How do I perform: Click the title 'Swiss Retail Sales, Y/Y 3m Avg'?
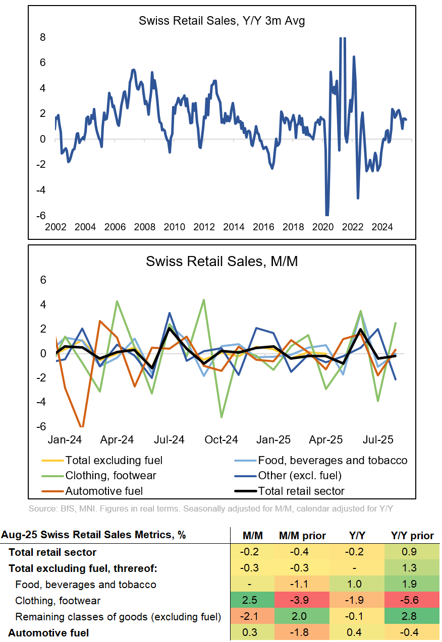pyautogui.click(x=222, y=21)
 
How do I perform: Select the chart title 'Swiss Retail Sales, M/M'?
pyautogui.click(x=222, y=262)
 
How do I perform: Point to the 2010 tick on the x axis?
pyautogui.click(x=175, y=227)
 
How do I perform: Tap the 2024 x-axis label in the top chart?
pyautogui.click(x=382, y=227)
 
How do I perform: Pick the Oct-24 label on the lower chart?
pyautogui.click(x=222, y=440)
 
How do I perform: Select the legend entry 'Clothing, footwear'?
pyautogui.click(x=111, y=475)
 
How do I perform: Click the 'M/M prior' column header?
pyautogui.click(x=302, y=535)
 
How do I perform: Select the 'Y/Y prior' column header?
pyautogui.click(x=412, y=535)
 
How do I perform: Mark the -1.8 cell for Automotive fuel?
pyautogui.click(x=302, y=632)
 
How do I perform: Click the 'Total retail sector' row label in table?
pyautogui.click(x=52, y=552)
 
